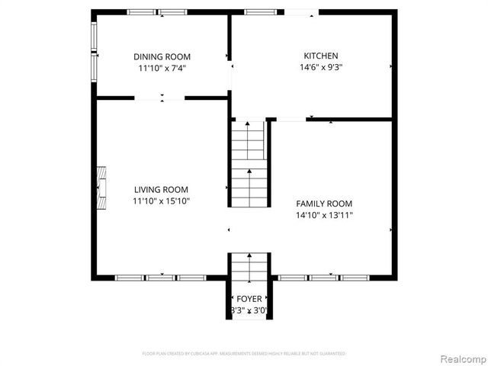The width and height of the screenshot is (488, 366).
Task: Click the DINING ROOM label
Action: (162, 56)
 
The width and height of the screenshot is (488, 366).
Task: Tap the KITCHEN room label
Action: (320, 56)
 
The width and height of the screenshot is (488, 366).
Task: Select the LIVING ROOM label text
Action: (161, 190)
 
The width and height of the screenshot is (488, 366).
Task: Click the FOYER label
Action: (249, 299)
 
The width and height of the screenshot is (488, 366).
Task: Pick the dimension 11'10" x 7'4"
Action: (162, 68)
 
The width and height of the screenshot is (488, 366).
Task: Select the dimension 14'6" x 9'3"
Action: (320, 67)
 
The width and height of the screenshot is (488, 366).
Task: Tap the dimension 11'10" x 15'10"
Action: (161, 201)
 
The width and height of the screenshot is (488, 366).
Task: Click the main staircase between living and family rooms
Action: (249, 163)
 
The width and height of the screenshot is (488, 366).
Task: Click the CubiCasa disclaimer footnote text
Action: (244, 354)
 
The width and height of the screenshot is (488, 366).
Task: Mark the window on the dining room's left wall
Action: (94, 49)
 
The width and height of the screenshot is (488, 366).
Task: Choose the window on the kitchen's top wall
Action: (261, 12)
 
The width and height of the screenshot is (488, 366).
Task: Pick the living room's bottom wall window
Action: (161, 278)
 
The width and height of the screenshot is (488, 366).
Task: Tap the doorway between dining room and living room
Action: (160, 98)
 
